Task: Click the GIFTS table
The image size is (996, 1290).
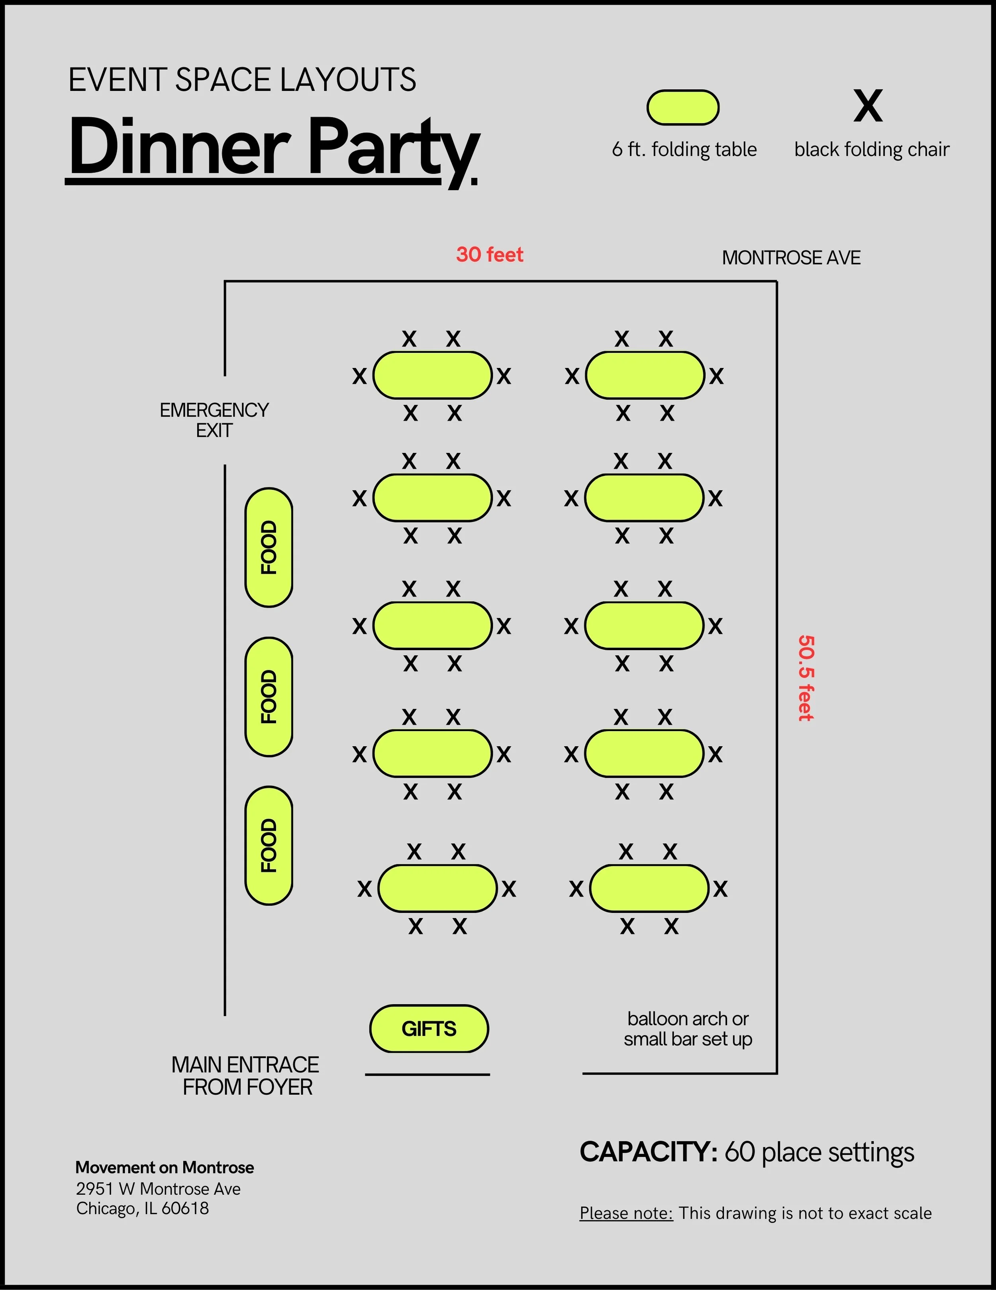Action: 429,1028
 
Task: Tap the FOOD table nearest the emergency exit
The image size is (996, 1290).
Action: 269,548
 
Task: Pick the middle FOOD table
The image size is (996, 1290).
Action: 269,696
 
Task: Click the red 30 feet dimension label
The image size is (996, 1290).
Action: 490,255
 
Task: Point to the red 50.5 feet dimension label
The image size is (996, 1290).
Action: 806,678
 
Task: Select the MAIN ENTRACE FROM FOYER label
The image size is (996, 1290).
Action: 245,1076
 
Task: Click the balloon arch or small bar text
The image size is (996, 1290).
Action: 688,1028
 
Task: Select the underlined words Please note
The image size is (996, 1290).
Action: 626,1213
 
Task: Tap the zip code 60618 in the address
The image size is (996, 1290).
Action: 185,1209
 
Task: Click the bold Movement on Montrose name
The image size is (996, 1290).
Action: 165,1167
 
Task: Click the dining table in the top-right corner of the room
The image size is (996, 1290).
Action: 645,375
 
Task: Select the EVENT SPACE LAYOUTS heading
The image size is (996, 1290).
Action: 242,80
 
